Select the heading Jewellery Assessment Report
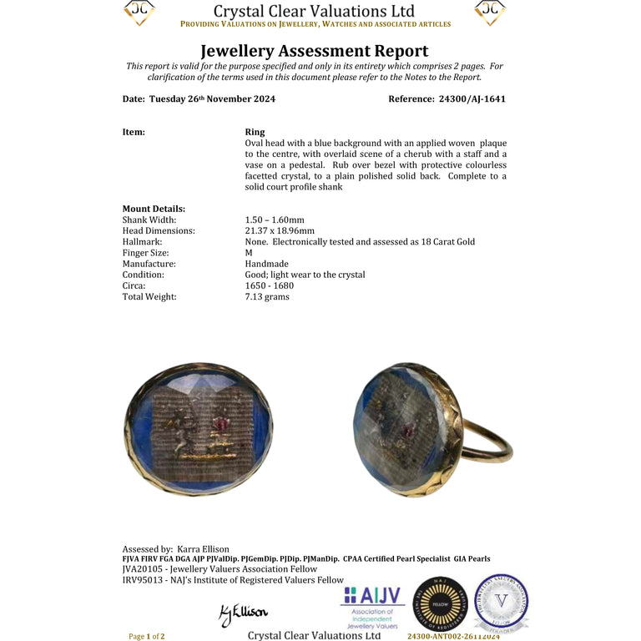click(x=315, y=51)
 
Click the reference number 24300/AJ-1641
click(x=472, y=98)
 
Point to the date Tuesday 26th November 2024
click(x=212, y=98)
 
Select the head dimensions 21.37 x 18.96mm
click(x=280, y=230)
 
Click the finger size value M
click(x=249, y=252)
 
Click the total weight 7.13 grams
click(x=267, y=296)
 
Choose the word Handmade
click(x=266, y=263)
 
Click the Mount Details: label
click(x=154, y=209)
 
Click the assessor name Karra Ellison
click(x=203, y=549)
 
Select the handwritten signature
click(x=243, y=614)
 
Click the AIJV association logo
click(x=372, y=605)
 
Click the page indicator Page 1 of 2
click(x=146, y=636)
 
